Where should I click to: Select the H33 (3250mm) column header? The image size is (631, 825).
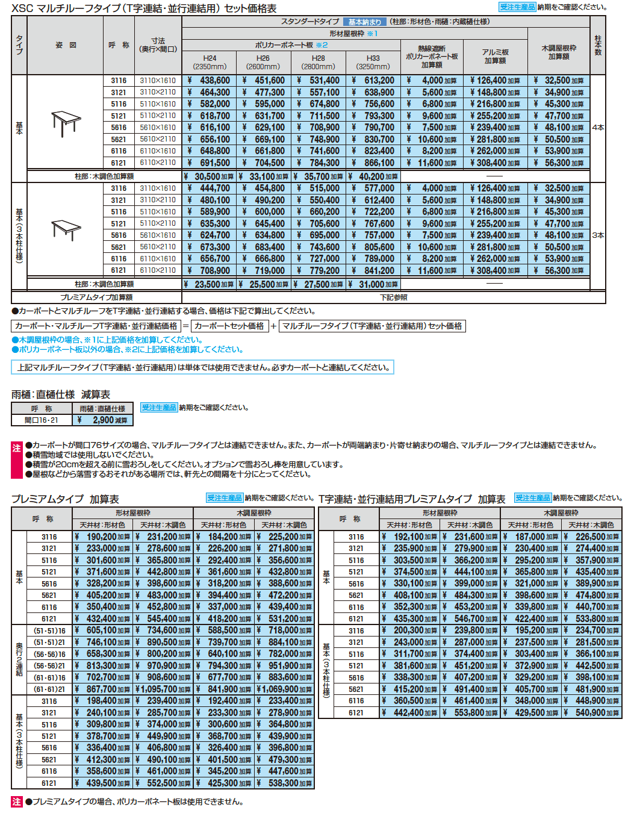[373, 63]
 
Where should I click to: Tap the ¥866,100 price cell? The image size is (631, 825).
[373, 163]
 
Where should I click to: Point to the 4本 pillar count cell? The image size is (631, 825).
[598, 128]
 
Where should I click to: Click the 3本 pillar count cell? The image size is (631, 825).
[598, 235]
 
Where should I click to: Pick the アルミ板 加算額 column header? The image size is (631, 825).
[495, 57]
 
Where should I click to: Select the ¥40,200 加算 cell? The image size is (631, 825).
[373, 176]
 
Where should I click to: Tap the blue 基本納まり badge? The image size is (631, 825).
[364, 22]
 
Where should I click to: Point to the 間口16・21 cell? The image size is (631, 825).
[42, 420]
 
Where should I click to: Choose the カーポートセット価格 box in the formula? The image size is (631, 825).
[229, 326]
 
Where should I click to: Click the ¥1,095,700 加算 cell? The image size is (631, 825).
[164, 690]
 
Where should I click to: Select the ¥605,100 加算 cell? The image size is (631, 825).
[103, 630]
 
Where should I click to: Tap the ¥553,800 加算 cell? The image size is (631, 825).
[471, 713]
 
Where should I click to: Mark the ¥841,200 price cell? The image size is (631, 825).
[373, 271]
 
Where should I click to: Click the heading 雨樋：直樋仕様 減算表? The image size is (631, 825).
[61, 395]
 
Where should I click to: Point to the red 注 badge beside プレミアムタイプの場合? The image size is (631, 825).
[17, 802]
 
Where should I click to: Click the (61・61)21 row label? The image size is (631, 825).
[49, 690]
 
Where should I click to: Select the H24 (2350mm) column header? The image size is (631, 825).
[210, 63]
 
